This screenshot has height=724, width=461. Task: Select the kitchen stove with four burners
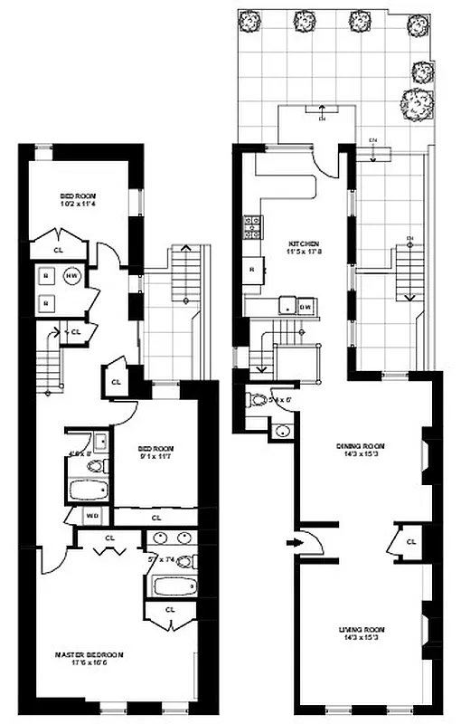249,230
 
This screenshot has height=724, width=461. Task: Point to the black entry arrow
292,542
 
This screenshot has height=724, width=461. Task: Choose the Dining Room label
361,445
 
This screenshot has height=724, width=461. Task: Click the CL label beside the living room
411,541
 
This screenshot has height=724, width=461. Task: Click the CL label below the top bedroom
59,250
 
